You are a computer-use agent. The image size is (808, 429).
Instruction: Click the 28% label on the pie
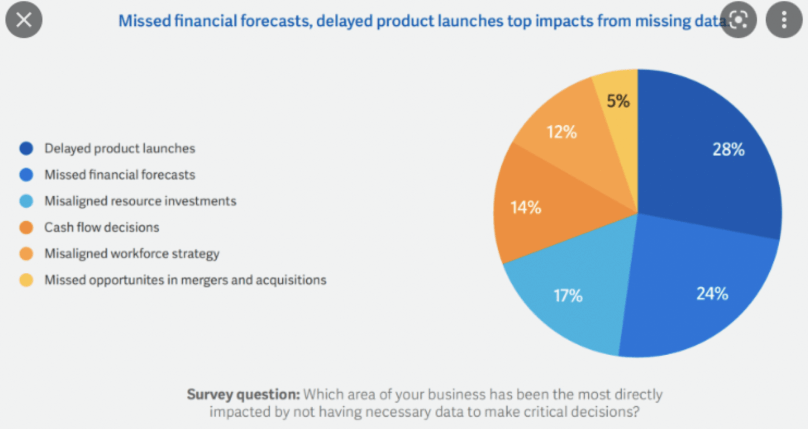728,150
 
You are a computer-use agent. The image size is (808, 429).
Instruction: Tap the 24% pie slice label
712,294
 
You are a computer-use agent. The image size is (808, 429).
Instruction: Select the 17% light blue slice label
568,296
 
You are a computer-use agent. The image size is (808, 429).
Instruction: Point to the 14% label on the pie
526,208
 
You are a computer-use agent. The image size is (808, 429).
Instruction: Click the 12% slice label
562,132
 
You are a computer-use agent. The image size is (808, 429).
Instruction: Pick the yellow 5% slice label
618,101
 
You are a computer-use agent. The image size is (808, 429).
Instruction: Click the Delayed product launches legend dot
26,149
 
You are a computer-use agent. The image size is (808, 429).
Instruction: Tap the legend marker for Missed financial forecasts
26,175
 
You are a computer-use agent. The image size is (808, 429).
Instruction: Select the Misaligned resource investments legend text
140,201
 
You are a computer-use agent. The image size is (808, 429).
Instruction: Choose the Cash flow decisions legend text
102,227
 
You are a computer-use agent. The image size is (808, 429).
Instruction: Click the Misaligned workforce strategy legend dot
26,254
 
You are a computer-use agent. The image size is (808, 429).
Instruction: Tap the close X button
24,20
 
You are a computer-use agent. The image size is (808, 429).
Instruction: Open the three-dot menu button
784,20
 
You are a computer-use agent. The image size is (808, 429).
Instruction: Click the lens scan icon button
738,20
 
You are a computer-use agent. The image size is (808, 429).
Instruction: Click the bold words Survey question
243,394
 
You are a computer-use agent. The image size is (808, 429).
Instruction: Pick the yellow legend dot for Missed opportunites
26,280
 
